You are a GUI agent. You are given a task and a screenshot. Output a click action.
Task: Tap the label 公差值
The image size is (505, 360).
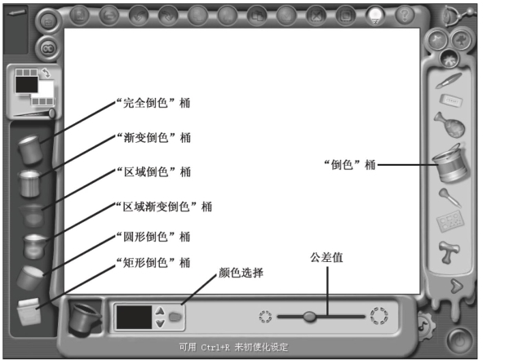(326, 257)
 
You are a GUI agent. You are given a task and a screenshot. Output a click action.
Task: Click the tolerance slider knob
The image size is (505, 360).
(309, 317)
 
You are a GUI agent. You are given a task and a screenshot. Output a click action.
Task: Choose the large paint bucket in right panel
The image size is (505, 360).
(450, 163)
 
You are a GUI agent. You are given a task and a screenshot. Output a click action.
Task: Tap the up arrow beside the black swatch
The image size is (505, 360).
(160, 311)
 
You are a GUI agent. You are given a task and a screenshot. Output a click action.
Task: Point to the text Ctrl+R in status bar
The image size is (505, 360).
(213, 348)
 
